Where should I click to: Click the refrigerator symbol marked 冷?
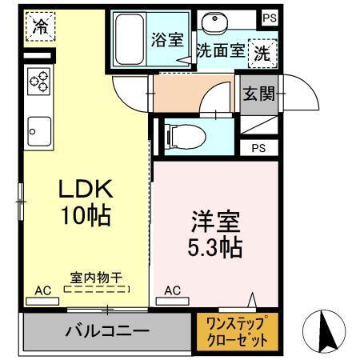coord(39,26)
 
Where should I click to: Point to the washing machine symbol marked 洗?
coord(261,54)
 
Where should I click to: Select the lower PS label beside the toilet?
coord(257,148)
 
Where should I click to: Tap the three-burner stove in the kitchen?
coord(38,82)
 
